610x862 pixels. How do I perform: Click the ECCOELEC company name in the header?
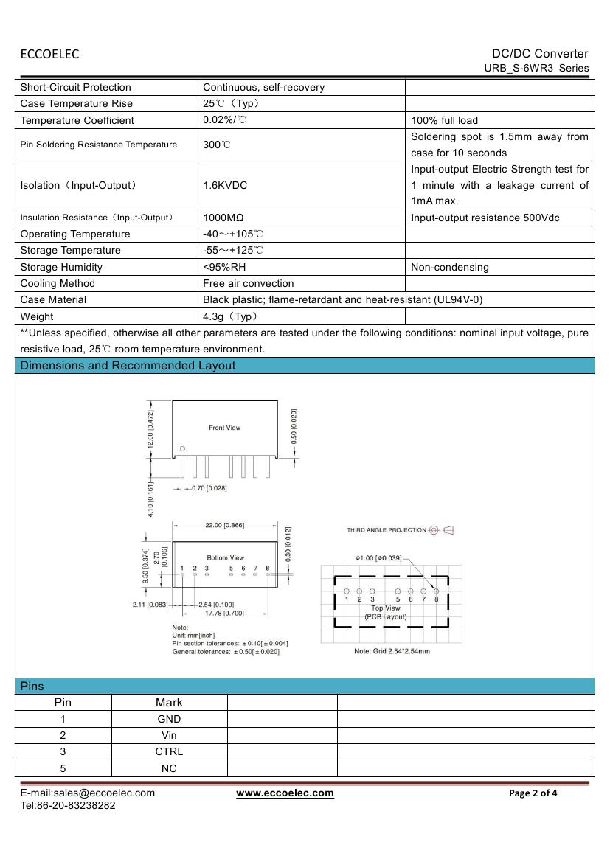(49, 54)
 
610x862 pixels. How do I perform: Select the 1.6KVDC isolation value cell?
(225, 185)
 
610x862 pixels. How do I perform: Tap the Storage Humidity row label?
(61, 267)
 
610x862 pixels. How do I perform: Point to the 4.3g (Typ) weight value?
(229, 316)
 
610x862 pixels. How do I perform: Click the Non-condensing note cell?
(450, 267)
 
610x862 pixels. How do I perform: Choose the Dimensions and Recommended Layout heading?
(128, 366)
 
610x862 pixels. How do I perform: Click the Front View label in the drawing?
(224, 428)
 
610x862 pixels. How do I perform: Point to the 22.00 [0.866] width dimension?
(224, 525)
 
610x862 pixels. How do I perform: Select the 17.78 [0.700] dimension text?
(223, 613)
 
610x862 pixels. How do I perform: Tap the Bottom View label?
(225, 557)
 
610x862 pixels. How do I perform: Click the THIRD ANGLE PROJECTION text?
(387, 530)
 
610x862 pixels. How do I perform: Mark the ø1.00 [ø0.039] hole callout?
(378, 558)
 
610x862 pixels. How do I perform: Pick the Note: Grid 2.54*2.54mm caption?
(392, 651)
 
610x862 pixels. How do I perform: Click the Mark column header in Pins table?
(169, 703)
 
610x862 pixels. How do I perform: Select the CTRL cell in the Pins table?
(169, 751)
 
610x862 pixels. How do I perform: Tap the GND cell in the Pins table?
(169, 719)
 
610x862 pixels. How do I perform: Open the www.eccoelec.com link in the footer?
(285, 793)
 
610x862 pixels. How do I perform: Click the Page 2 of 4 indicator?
(533, 793)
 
